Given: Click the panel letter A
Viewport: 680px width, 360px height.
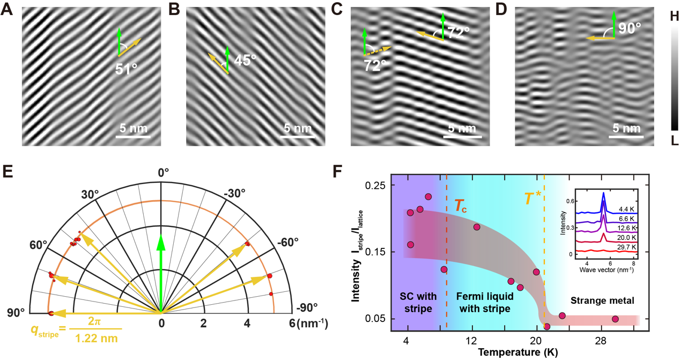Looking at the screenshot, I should [x=7, y=10].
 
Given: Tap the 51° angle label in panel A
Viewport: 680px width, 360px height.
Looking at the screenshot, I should [x=127, y=69].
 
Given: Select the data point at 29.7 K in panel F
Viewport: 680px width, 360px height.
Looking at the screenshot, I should [x=615, y=319].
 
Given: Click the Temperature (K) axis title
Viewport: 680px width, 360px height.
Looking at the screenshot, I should [x=518, y=352].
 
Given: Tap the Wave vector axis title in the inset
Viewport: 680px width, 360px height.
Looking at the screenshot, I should [x=606, y=269].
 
